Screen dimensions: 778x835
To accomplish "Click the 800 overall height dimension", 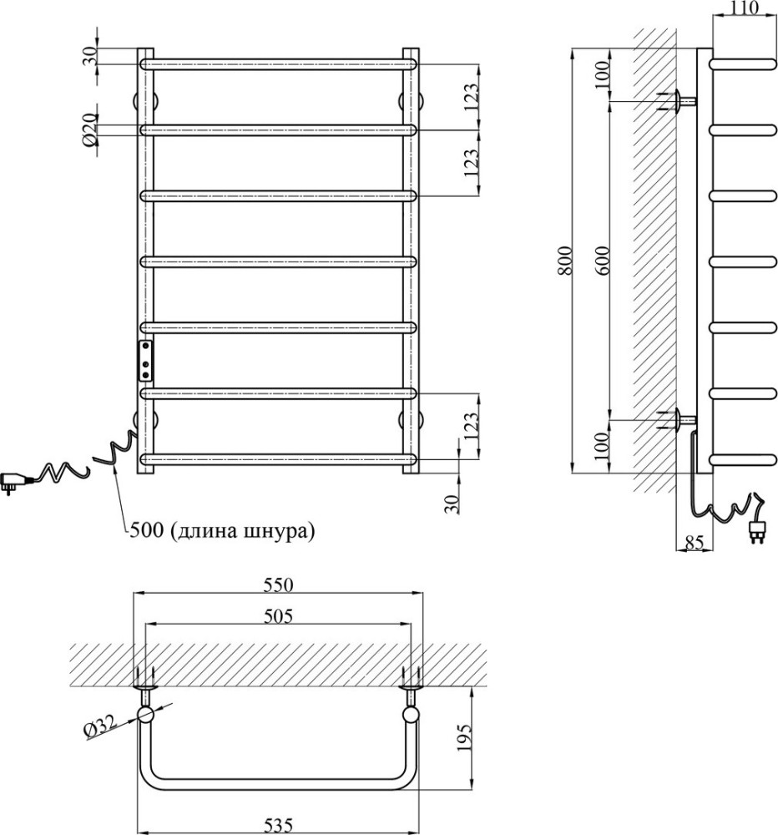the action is pyautogui.click(x=565, y=261).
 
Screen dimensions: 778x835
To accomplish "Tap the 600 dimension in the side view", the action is pyautogui.click(x=603, y=261).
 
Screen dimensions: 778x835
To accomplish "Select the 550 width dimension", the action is pyautogui.click(x=279, y=584).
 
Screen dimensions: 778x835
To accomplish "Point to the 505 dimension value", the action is pyautogui.click(x=279, y=616).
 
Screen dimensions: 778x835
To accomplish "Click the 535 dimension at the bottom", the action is pyautogui.click(x=279, y=825).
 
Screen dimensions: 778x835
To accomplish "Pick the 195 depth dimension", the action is pyautogui.click(x=464, y=737).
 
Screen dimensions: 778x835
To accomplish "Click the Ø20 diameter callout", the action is pyautogui.click(x=90, y=130).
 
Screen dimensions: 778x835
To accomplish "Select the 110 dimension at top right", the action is pyautogui.click(x=744, y=8).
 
